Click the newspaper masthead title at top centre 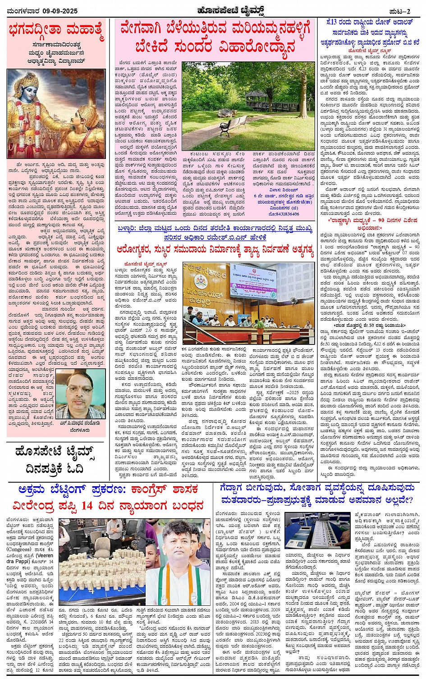(212, 10)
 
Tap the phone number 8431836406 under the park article (285, 214)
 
